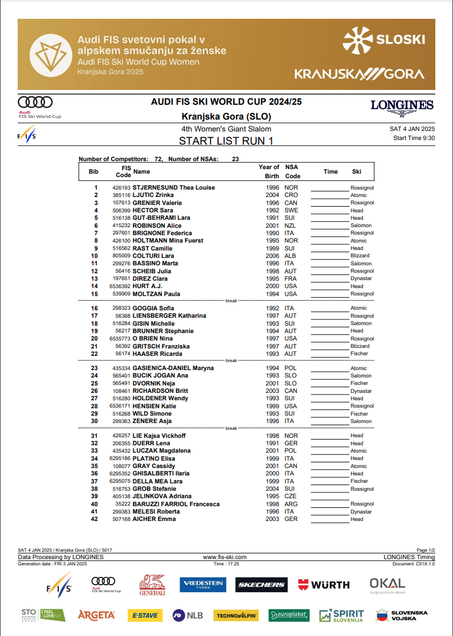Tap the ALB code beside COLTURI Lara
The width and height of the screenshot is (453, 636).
pyautogui.click(x=291, y=256)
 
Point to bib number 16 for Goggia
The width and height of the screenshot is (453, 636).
pyautogui.click(x=95, y=309)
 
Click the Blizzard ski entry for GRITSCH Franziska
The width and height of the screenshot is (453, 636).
pyautogui.click(x=360, y=346)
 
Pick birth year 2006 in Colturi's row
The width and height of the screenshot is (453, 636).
pyautogui.click(x=272, y=256)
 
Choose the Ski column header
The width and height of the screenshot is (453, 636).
pyautogui.click(x=356, y=171)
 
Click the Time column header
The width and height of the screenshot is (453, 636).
pyautogui.click(x=330, y=171)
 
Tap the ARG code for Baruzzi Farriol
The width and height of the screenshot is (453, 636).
pyautogui.click(x=291, y=504)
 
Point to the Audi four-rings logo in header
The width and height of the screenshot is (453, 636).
pyautogui.click(x=35, y=102)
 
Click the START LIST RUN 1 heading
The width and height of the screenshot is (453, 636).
pyautogui.click(x=226, y=141)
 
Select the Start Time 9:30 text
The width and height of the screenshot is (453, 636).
pyautogui.click(x=414, y=138)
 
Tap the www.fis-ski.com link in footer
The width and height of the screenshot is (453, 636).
pyautogui.click(x=225, y=557)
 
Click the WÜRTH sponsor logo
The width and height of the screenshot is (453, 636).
pyautogui.click(x=323, y=585)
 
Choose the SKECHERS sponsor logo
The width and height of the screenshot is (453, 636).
pyautogui.click(x=261, y=585)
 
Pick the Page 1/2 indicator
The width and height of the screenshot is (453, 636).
pyautogui.click(x=426, y=550)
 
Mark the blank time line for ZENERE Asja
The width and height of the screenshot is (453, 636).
pyautogui.click(x=330, y=422)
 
